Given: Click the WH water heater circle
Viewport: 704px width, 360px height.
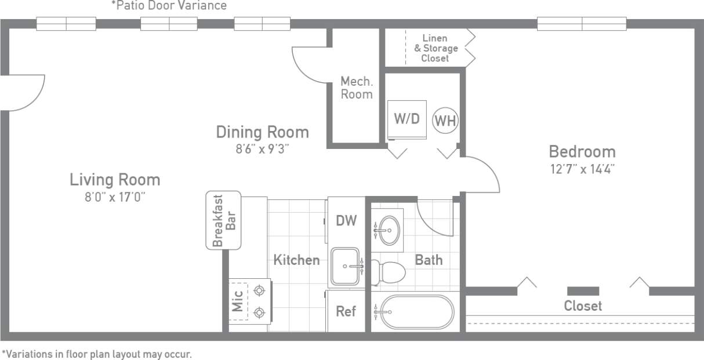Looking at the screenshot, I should [445, 121].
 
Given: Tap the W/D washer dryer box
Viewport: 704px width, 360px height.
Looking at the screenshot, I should [407, 119].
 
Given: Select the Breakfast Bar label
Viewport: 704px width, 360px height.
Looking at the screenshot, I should [224, 220].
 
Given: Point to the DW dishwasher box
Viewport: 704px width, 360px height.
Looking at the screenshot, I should [346, 220].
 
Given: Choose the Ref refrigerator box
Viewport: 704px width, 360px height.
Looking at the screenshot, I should [346, 311].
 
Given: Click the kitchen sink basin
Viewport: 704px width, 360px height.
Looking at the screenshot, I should [345, 267].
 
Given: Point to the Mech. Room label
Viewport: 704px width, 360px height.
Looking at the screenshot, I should [356, 88].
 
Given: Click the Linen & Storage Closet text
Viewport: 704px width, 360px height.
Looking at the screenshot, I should [436, 48].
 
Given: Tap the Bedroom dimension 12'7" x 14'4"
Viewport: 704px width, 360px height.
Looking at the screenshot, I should [582, 169].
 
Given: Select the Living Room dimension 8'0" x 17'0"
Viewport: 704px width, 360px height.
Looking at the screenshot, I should [115, 197].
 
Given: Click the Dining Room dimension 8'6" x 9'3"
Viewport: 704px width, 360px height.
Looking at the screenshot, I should [262, 149].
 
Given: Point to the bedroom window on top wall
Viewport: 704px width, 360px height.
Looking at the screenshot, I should [582, 24].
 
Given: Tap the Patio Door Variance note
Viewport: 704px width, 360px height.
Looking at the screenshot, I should [169, 6].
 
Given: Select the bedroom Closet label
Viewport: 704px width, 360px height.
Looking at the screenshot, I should [583, 306].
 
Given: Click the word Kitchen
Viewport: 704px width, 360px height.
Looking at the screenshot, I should [296, 260].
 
